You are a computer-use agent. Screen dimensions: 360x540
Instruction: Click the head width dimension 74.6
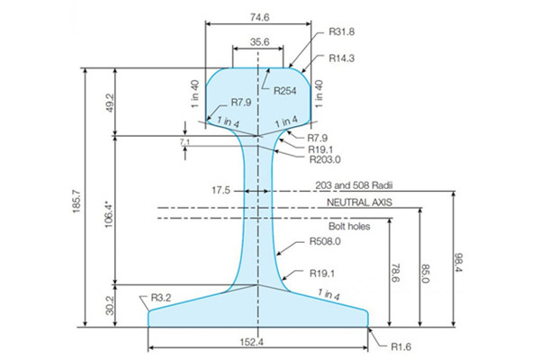[258, 15]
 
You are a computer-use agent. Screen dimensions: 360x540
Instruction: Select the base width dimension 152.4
[258, 342]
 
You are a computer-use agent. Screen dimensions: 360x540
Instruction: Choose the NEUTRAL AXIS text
[357, 203]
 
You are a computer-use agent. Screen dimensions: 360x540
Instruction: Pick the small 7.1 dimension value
[184, 142]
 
